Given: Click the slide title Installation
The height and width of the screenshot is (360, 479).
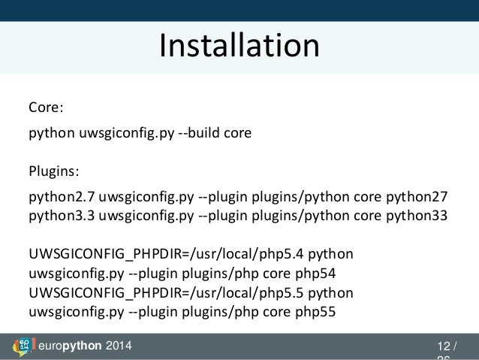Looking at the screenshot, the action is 239,45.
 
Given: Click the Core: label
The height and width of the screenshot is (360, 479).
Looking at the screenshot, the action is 46,107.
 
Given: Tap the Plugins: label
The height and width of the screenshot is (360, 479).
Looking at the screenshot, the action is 54,171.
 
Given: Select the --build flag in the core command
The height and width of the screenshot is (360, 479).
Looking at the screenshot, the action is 201,133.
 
